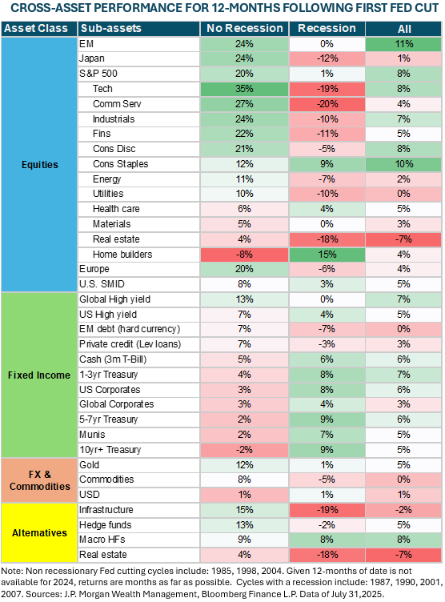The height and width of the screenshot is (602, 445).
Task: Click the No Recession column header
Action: click(244, 28)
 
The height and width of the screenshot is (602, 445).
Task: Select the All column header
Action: click(403, 28)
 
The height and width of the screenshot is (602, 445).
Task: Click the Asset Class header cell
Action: click(38, 28)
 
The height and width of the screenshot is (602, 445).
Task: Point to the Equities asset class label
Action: click(38, 165)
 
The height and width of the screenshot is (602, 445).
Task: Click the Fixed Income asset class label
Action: click(38, 375)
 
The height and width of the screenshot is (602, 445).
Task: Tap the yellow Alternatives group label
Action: click(38, 532)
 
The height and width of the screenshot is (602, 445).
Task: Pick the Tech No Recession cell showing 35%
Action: click(244, 89)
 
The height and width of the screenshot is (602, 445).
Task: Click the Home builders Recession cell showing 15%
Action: click(326, 255)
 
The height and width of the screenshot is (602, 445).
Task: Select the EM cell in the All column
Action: click(403, 43)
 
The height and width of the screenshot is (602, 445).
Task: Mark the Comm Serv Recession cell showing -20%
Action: click(326, 104)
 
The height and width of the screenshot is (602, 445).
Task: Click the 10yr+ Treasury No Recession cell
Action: click(244, 449)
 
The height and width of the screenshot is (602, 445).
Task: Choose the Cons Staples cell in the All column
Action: click(403, 164)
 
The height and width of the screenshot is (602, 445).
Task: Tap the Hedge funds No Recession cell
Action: click(244, 525)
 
